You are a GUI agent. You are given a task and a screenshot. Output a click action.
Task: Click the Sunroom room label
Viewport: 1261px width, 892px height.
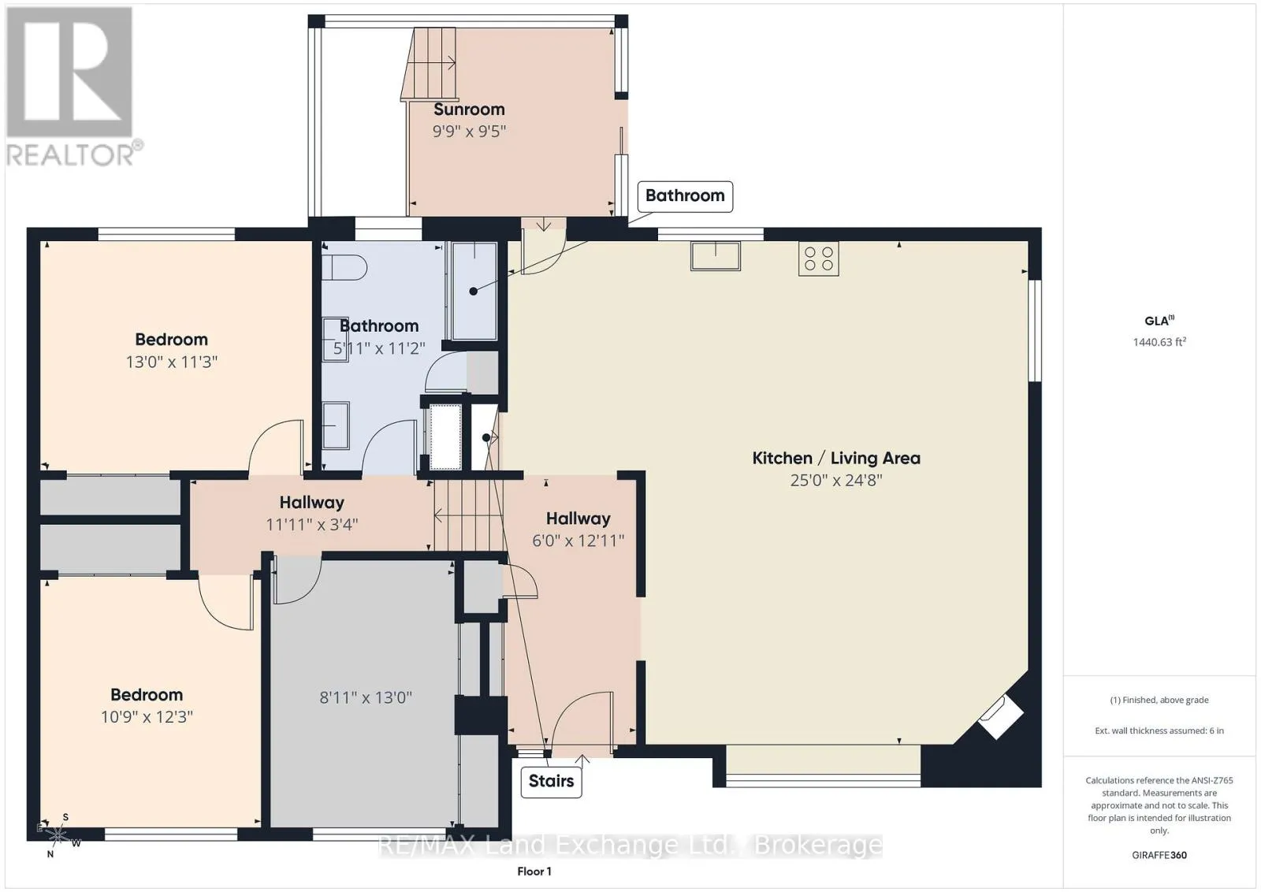point(469,110)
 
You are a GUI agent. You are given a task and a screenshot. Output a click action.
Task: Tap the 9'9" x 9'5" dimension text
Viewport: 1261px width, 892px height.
point(469,131)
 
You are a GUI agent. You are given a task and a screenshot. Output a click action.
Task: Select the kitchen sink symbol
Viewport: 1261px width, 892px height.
point(715,256)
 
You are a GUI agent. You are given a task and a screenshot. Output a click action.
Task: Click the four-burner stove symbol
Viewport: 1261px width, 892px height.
point(819,259)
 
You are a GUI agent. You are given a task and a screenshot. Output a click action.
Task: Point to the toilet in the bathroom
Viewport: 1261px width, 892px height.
point(344,267)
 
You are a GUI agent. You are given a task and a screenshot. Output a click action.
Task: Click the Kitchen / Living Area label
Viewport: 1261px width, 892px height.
point(836,458)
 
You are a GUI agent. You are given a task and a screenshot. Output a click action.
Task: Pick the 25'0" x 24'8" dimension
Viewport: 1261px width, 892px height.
point(836,480)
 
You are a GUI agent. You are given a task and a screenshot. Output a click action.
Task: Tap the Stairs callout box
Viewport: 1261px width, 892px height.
point(551,781)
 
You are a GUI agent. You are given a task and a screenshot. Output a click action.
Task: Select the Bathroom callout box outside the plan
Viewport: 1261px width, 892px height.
point(685,196)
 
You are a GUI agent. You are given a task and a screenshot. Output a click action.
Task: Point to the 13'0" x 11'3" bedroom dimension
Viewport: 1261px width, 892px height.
point(172,362)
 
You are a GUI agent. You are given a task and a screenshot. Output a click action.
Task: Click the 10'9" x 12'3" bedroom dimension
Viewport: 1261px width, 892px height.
point(147,716)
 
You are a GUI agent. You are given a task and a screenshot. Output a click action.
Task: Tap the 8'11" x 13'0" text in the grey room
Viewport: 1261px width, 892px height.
point(366,698)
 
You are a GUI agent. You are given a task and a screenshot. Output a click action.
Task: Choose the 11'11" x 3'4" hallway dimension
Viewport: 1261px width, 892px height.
point(312,525)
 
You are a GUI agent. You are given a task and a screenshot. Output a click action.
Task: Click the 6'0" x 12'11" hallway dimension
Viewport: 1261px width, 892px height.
point(578,541)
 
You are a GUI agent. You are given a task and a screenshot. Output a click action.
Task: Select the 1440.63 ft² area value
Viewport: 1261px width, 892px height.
point(1159,342)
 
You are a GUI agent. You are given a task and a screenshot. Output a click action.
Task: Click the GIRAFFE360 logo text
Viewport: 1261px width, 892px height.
point(1159,855)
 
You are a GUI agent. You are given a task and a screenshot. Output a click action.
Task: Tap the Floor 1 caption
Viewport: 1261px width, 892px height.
point(534,872)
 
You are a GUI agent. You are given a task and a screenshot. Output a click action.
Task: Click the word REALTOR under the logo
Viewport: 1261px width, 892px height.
point(70,156)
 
